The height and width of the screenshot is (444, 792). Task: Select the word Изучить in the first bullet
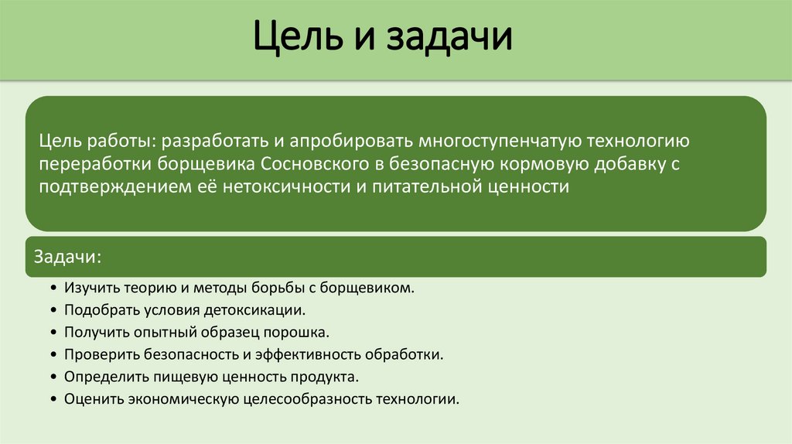(x=90, y=288)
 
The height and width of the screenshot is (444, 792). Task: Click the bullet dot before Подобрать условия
(x=53, y=310)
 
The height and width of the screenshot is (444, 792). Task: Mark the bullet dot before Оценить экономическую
(x=53, y=400)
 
